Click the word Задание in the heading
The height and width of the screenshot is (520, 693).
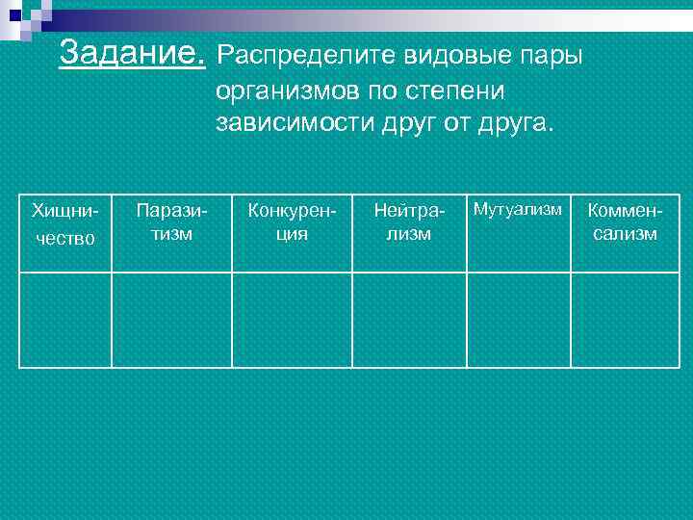tap(131, 53)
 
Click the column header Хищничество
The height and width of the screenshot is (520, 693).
tap(64, 223)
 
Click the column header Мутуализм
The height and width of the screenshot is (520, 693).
tap(518, 210)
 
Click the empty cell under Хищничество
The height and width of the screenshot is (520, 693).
tap(65, 320)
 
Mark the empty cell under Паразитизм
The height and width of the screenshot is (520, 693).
tap(171, 320)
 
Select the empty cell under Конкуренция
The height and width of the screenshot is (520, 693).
tap(292, 320)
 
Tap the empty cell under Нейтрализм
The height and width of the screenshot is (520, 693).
tap(409, 320)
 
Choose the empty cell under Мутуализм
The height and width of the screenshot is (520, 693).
tap(519, 320)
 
